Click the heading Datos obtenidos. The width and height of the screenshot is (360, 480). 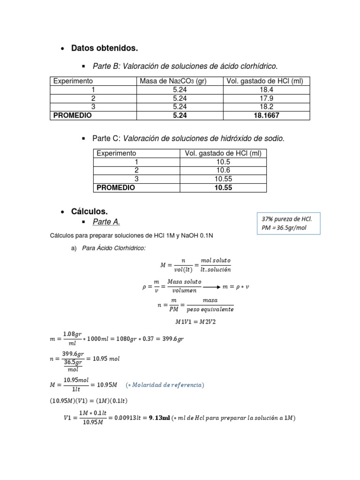[104, 48]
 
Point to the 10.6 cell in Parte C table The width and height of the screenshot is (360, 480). [223, 170]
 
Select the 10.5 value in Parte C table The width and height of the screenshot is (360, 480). [223, 162]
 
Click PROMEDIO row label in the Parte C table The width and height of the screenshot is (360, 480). [116, 187]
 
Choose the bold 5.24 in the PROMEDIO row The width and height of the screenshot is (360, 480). [180, 115]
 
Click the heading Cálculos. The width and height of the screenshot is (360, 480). [90, 212]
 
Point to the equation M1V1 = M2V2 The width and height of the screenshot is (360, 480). [195, 321]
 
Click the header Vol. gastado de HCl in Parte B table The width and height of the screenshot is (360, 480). [265, 81]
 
